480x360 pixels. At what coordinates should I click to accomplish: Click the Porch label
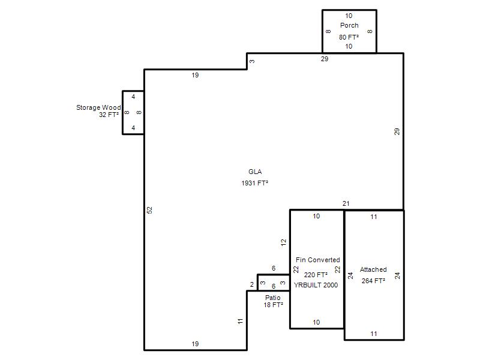349,25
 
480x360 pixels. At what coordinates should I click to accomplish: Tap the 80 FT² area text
349,37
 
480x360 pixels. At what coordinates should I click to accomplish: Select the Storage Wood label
98,107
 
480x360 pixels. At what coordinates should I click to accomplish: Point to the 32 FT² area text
109,115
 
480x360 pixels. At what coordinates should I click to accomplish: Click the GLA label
255,172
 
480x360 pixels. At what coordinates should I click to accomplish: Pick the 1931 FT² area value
254,183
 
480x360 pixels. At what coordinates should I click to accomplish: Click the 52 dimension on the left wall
149,210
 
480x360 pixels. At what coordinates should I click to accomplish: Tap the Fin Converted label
318,260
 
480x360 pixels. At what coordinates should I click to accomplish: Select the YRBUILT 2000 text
316,285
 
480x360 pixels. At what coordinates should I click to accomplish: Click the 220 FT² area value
316,275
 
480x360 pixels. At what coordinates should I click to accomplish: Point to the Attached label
373,269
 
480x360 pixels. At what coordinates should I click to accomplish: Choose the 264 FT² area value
373,281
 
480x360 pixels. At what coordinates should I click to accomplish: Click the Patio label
273,298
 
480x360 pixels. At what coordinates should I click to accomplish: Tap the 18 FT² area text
273,305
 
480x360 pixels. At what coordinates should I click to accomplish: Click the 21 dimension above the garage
346,203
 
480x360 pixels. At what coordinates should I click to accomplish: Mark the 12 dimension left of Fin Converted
283,242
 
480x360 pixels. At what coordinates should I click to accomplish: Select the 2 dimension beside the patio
252,284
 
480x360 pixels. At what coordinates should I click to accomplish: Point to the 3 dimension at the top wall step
252,61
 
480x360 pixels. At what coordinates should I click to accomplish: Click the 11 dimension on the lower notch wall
241,321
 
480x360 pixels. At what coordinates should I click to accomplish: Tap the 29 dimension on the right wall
397,131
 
